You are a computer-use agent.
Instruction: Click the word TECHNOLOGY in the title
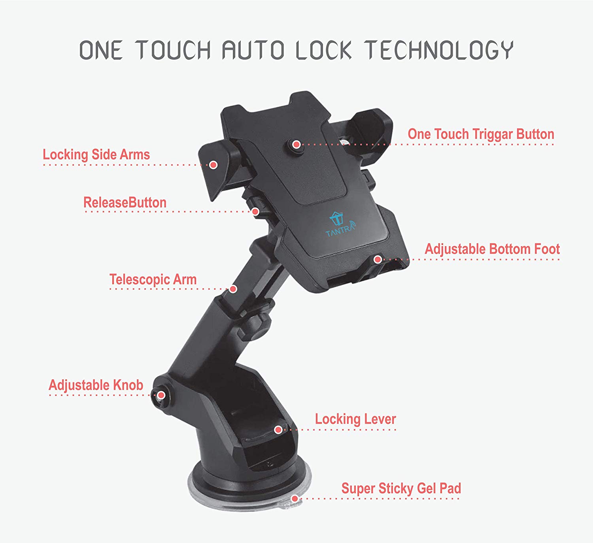(439, 50)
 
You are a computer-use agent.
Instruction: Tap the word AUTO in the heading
(253, 50)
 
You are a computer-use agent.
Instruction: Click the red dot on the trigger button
(297, 145)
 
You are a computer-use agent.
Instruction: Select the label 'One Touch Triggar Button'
(481, 134)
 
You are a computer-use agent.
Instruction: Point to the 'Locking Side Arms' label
(96, 155)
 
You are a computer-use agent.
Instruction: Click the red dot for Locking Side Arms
(213, 165)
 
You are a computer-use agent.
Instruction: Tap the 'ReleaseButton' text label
(125, 203)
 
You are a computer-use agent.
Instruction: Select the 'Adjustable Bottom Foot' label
(492, 249)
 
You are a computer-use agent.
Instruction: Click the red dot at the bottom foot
(378, 260)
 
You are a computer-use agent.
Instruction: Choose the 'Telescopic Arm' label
(153, 280)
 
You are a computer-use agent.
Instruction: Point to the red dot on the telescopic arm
(233, 289)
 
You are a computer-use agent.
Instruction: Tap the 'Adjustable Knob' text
(96, 385)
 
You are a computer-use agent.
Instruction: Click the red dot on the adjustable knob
(161, 395)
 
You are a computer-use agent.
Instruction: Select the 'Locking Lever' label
(355, 419)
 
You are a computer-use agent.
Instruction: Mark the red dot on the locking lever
(278, 430)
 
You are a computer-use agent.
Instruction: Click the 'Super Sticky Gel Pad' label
(401, 488)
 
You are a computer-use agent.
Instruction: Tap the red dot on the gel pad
(295, 499)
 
